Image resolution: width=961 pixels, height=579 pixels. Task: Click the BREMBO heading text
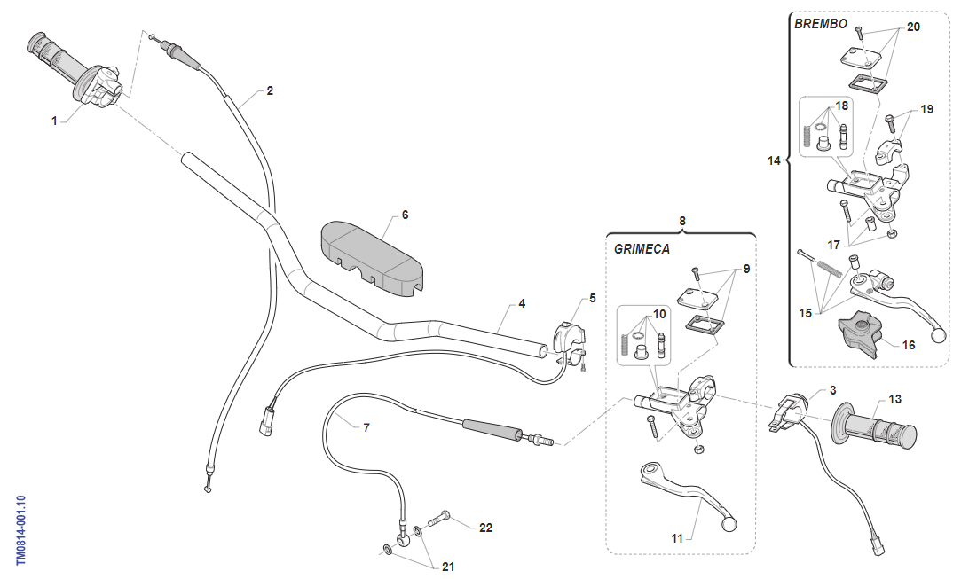(x=821, y=24)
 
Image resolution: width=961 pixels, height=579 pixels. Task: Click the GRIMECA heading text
(x=642, y=249)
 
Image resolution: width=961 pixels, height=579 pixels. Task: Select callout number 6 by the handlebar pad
(x=405, y=215)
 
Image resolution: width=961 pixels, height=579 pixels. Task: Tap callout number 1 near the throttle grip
(x=54, y=121)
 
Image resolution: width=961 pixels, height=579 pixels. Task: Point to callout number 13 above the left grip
(x=894, y=399)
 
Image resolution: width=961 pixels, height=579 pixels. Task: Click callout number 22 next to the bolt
(x=484, y=528)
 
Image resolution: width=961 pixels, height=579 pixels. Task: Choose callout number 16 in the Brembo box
(x=908, y=345)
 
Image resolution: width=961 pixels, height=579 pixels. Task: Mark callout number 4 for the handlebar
(x=522, y=303)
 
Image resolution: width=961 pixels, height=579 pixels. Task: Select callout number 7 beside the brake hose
(x=366, y=427)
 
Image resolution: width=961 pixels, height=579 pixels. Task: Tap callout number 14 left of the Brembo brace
(x=774, y=160)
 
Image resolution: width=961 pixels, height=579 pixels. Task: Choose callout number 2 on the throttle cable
(x=269, y=90)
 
